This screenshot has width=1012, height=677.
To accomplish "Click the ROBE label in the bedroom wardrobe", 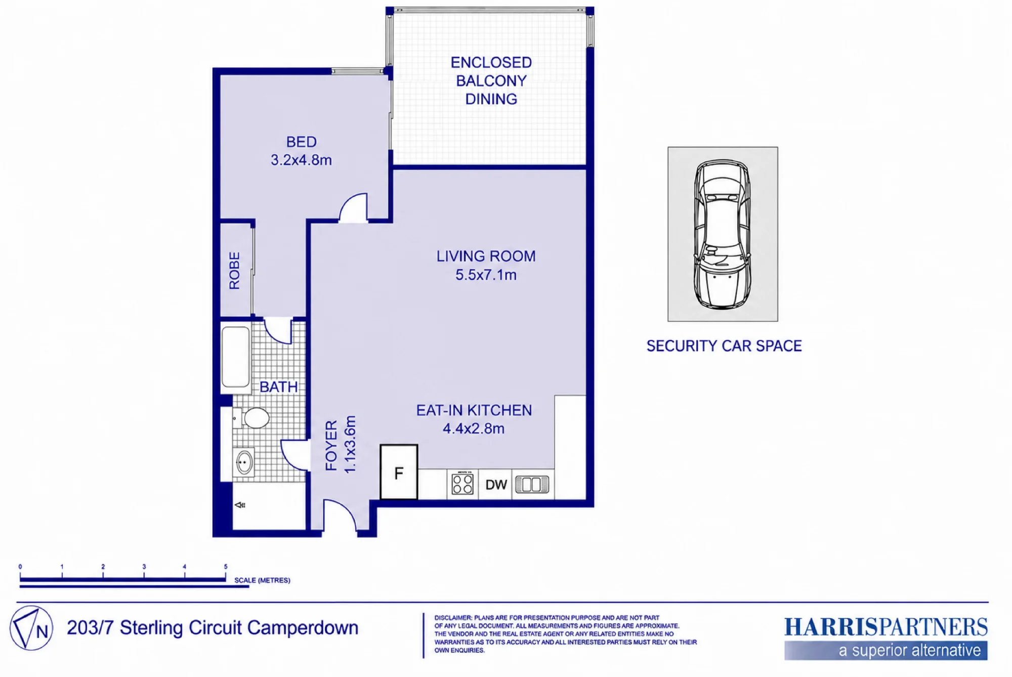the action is click(234, 271).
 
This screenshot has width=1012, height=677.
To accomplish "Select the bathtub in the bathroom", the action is click(236, 357).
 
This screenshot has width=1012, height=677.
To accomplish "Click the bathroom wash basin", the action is click(244, 462).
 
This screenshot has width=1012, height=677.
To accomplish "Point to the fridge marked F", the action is click(399, 472).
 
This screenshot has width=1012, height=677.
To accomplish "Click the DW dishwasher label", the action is click(496, 485).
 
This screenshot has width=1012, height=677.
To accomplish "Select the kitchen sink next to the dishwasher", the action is click(532, 484).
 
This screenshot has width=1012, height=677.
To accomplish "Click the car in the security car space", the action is click(722, 234).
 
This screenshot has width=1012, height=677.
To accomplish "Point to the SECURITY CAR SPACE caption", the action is click(724, 346).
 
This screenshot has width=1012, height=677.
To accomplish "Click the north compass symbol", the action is click(31, 628).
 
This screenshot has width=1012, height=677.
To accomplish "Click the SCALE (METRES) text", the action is click(262, 580).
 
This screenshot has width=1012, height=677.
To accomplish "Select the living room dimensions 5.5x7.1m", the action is click(486, 275).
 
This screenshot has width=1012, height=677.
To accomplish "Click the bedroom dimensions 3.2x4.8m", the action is click(301, 160).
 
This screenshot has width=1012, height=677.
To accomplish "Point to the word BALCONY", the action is click(491, 81).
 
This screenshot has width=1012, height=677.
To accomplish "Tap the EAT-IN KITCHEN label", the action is click(474, 410).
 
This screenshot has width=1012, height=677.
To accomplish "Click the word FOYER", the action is click(331, 446).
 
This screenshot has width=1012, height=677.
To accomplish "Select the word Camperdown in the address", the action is click(303, 628).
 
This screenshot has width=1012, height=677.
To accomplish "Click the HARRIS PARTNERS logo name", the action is click(885, 627).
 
